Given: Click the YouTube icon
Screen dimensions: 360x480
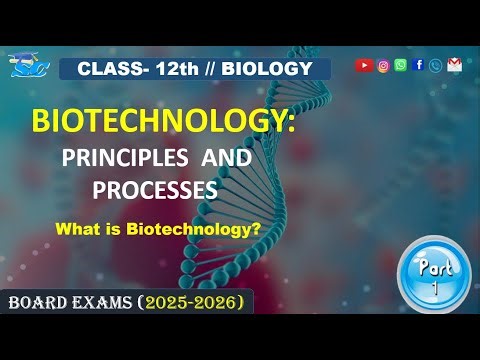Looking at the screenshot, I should [364, 66].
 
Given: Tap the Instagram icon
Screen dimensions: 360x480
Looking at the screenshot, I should [384, 66].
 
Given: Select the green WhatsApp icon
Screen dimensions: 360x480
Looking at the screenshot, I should [401, 66].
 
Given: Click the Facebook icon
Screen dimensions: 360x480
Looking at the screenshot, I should [418, 66].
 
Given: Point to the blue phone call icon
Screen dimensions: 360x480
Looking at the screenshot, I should [435, 66].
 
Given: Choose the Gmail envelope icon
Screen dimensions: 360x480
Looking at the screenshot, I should [455, 66].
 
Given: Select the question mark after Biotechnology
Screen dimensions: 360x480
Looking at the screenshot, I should [257, 228].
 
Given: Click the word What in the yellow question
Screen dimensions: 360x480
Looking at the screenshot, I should [80, 228].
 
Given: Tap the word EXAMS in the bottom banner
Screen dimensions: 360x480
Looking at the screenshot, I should [106, 300].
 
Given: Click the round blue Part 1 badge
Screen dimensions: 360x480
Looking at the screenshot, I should [433, 274].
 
